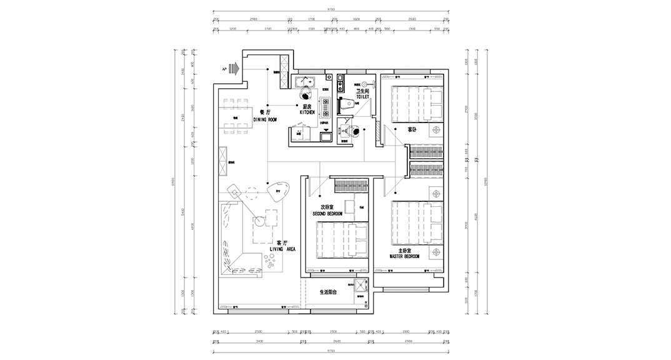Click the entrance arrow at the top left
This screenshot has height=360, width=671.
click(x=234, y=67)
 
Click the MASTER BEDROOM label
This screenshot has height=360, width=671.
click(x=404, y=253)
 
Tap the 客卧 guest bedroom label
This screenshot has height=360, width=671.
click(x=412, y=130)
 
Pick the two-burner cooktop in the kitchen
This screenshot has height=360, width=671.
click(x=325, y=109)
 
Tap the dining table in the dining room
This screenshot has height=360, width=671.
click(x=236, y=117)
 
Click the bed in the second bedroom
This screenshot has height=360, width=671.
click(x=341, y=241)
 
